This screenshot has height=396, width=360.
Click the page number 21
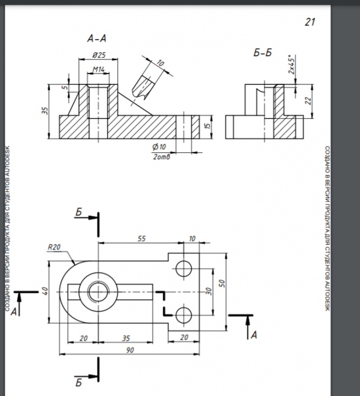tap(309, 22)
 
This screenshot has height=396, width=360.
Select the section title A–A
tap(96, 39)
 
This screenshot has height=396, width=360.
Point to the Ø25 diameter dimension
tap(98, 56)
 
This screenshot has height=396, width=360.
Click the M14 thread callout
tap(98, 70)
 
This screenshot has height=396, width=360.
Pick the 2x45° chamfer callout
tap(291, 64)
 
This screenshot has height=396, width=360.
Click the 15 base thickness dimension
tap(206, 126)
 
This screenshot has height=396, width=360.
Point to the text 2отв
tap(161, 157)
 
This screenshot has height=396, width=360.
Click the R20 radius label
tap(54, 247)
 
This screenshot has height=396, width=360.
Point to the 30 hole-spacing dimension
tap(208, 291)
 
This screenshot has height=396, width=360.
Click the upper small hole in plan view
tap(184, 268)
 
